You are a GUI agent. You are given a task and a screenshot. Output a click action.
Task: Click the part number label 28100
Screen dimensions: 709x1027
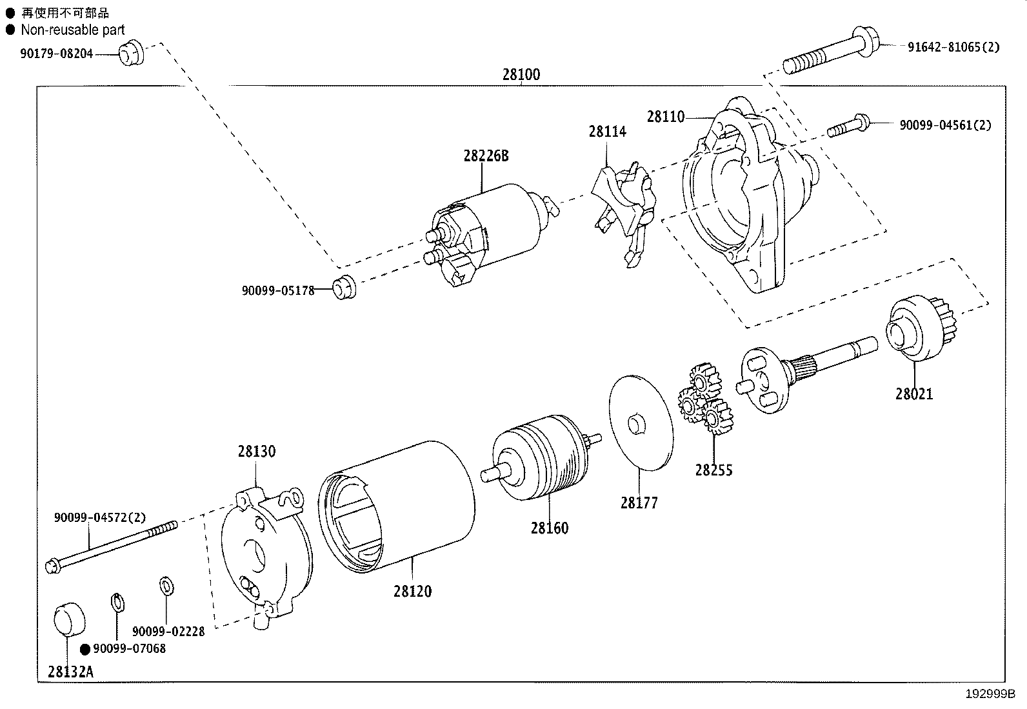pos(521,74)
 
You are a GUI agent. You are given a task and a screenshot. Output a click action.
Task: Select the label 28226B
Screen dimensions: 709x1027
pos(486,155)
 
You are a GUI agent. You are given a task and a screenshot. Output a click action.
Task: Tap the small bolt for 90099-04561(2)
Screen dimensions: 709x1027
pos(848,125)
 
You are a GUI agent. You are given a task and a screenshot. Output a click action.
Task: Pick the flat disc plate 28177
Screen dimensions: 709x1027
pos(641,422)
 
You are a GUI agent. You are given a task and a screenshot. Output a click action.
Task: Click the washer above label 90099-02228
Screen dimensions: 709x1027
pos(166,586)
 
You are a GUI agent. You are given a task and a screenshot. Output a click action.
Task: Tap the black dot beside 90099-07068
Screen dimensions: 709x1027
pos(85,649)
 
